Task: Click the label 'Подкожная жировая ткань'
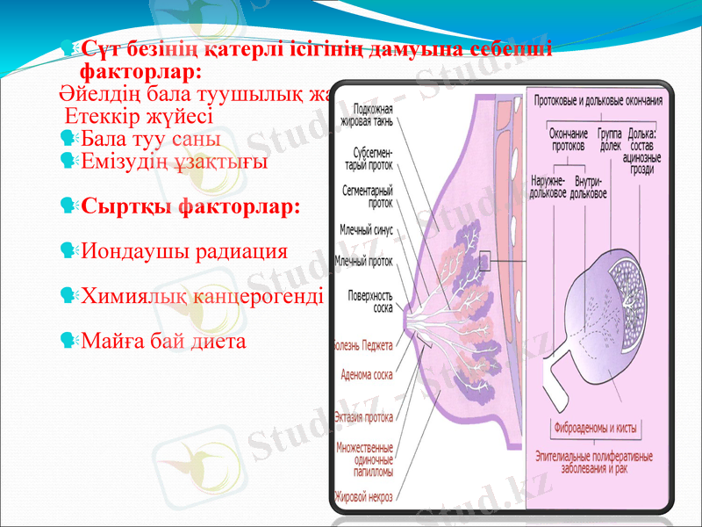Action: pyautogui.click(x=372, y=114)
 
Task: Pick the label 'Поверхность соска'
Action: pyautogui.click(x=369, y=301)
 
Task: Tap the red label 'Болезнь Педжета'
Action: pyautogui.click(x=362, y=344)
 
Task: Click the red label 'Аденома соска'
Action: pyautogui.click(x=367, y=374)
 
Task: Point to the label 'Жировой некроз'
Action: pyautogui.click(x=362, y=497)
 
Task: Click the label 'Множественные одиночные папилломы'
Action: pyautogui.click(x=365, y=458)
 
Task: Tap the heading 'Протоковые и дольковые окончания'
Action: pyautogui.click(x=598, y=100)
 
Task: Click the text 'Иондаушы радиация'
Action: pyautogui.click(x=184, y=250)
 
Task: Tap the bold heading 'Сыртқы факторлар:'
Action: pyautogui.click(x=190, y=207)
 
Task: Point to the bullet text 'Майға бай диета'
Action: pyautogui.click(x=163, y=340)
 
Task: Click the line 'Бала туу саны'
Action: pyautogui.click(x=150, y=139)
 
